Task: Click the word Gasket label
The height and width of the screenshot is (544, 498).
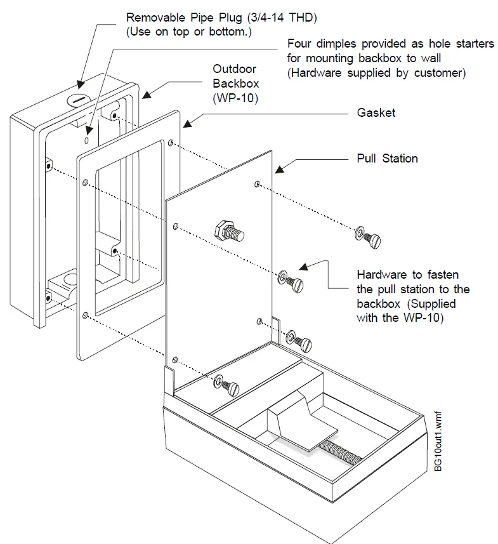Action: [x=377, y=112]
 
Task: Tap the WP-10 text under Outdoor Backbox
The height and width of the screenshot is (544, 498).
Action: [x=235, y=98]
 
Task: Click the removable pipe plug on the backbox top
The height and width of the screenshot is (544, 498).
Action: [x=78, y=100]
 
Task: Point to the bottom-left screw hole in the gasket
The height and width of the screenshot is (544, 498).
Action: [x=84, y=314]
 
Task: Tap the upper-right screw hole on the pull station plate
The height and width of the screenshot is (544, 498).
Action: [x=257, y=184]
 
